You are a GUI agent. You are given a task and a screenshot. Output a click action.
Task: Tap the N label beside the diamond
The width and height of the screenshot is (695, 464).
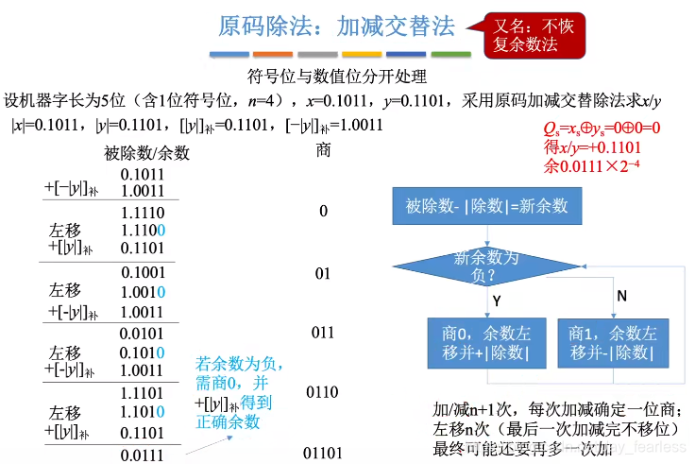click(621, 296)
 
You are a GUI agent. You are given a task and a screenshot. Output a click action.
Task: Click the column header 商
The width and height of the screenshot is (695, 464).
click(323, 149)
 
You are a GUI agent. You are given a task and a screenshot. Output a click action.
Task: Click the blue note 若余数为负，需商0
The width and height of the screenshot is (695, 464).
click(240, 371)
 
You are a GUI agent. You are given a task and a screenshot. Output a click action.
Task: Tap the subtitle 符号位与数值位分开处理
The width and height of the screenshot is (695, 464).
click(337, 77)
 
